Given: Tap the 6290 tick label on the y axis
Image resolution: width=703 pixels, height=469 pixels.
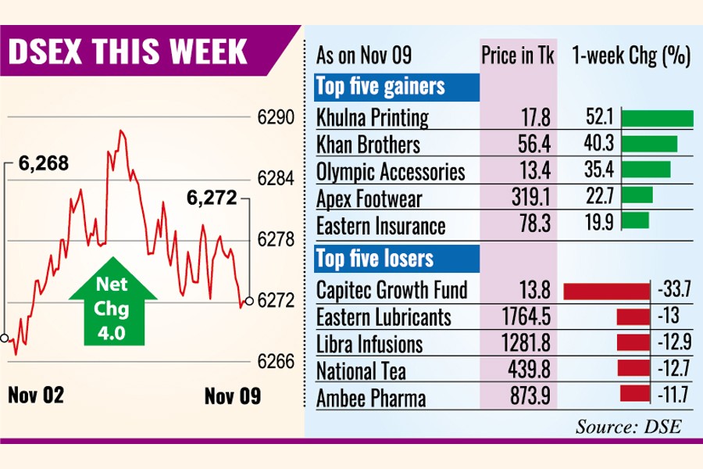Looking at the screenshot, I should [276, 120].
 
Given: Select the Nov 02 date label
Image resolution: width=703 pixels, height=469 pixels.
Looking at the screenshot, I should [36, 396].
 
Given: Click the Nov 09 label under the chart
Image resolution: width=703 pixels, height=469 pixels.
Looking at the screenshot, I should [233, 396].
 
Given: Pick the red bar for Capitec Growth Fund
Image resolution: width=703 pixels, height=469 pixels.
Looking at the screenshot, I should [606, 291].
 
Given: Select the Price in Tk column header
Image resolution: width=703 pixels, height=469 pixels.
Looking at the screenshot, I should [518, 56].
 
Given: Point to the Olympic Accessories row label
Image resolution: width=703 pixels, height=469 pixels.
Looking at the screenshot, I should [391, 172].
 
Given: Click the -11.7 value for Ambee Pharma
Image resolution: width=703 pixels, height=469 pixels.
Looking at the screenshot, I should [669, 398].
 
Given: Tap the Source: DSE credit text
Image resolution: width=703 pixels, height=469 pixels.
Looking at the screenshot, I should [629, 426].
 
